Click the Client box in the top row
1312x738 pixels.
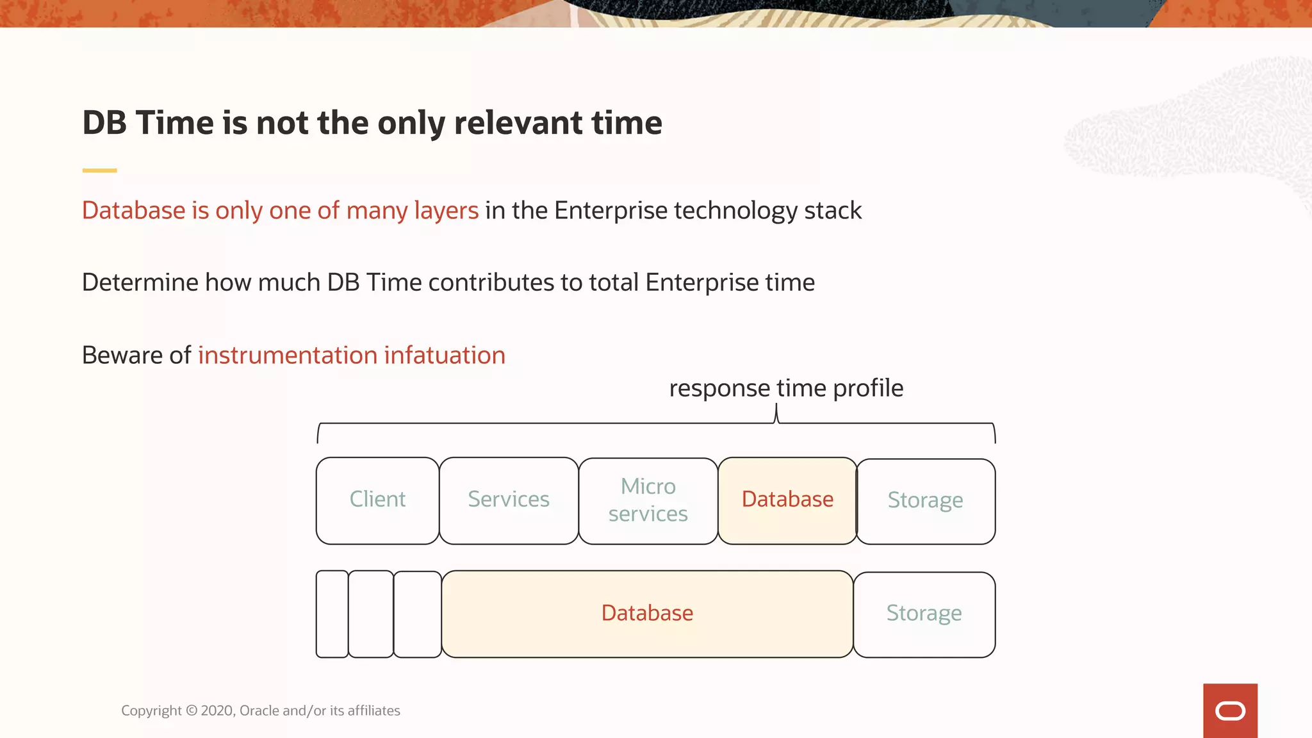(x=377, y=500)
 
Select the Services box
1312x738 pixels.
(x=509, y=500)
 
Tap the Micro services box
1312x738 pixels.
(x=648, y=500)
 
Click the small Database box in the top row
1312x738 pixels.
(x=787, y=500)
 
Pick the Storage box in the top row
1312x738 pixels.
(x=925, y=500)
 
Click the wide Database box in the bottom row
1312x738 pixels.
(x=647, y=613)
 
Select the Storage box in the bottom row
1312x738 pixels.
(x=924, y=614)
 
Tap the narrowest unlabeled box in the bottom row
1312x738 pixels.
(x=332, y=614)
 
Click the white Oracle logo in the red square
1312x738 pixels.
(x=1230, y=711)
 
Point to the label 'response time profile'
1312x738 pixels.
(x=786, y=388)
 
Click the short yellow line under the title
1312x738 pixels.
(x=99, y=170)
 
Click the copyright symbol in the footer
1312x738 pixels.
(x=192, y=710)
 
